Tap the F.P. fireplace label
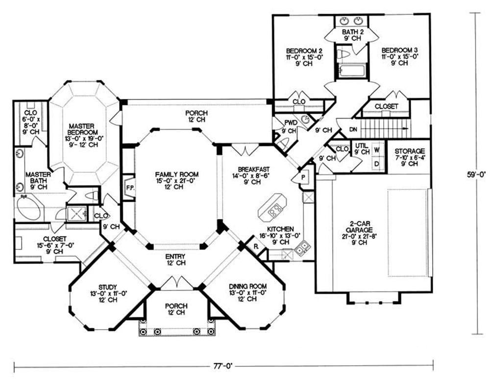click(130, 188)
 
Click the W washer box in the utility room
click(377, 150)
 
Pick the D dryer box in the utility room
click(377, 164)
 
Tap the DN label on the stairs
click(353, 129)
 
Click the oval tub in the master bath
click(28, 207)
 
